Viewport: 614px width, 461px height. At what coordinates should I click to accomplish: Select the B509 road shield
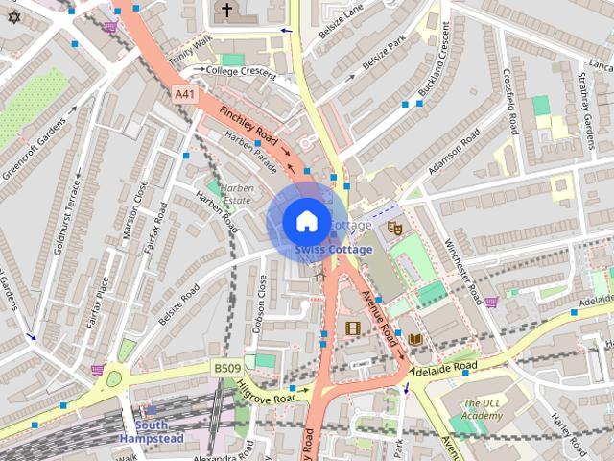click(226, 368)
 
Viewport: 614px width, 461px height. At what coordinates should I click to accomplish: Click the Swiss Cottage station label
click(334, 250)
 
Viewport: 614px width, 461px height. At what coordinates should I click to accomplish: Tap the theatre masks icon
click(393, 228)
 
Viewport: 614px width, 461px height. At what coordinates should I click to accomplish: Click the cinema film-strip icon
click(352, 328)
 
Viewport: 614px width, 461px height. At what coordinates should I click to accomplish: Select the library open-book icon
click(414, 339)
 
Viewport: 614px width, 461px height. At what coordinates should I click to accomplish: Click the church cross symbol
click(226, 12)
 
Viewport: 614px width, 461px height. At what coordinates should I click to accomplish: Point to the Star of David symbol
click(13, 16)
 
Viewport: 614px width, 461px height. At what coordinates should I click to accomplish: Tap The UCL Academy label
click(482, 410)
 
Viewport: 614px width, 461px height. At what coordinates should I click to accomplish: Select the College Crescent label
click(240, 70)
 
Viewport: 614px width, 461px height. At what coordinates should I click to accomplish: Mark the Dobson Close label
click(260, 303)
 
